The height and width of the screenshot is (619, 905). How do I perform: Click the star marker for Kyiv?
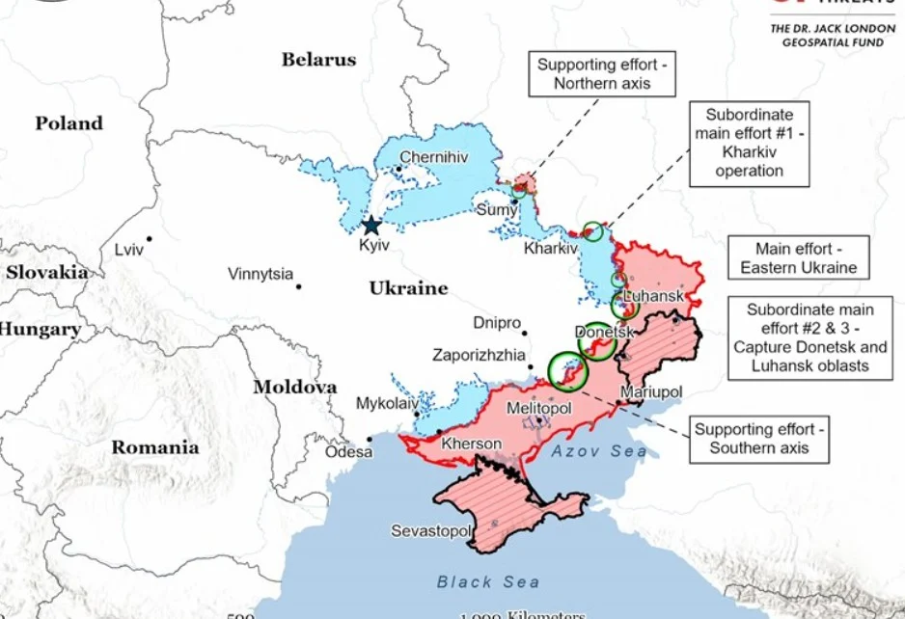371,227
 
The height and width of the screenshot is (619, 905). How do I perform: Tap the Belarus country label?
318,60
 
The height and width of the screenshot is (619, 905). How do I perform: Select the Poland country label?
69,123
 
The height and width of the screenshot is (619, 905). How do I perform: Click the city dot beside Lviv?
149,239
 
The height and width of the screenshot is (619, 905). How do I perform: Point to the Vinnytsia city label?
261,275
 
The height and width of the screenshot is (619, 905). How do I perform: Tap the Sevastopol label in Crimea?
431,531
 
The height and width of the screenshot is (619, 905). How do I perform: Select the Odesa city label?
348,451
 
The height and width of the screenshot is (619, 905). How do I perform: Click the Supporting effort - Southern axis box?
761,439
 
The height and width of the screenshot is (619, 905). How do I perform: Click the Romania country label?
155,447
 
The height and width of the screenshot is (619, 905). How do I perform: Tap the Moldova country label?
295,388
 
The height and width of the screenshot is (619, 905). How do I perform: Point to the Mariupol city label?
651,392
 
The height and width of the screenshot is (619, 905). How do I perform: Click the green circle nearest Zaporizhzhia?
567,370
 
